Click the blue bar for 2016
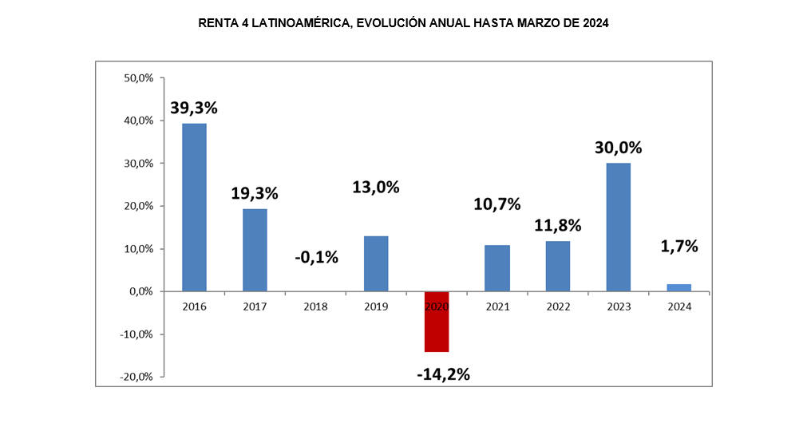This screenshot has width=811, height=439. point(194,208)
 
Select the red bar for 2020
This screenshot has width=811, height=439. point(436,322)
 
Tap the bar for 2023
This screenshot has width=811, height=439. point(618,227)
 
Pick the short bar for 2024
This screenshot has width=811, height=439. point(678,287)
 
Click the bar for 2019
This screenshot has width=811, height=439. point(376,263)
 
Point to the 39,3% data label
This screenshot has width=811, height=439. point(194,107)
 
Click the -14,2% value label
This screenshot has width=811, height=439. point(443,373)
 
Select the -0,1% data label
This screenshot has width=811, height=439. point(316,257)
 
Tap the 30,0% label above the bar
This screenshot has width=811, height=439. point(618,148)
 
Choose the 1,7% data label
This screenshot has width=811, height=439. point(679,246)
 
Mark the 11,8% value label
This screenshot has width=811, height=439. point(558,225)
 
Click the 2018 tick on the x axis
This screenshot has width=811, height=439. point(315,307)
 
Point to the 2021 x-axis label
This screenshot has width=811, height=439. point(496,307)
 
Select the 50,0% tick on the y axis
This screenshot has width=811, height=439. point(139,78)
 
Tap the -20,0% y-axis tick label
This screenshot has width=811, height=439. point(136,377)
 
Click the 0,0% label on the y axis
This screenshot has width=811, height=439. point(141,291)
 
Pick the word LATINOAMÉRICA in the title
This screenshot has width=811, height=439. point(299,24)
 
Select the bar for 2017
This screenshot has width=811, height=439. point(255,250)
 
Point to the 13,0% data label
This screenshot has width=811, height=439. point(376,188)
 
